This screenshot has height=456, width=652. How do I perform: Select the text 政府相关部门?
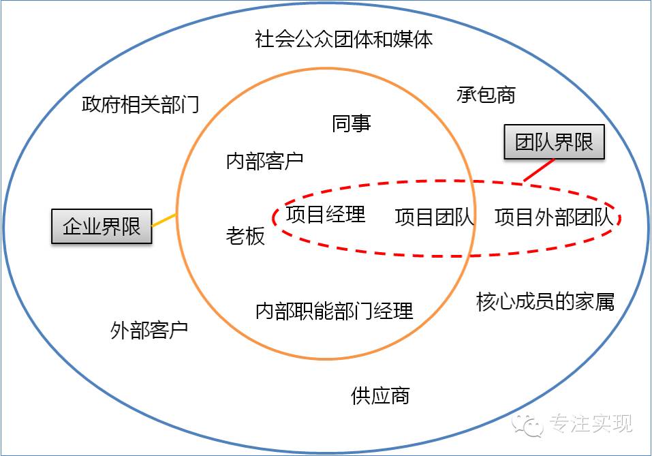tap(140, 105)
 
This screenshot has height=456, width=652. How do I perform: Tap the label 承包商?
tap(486, 95)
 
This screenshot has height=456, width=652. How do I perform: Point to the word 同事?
tap(352, 123)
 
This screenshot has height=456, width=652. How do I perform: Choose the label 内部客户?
tap(264, 162)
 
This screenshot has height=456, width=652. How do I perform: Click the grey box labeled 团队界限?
tap(554, 142)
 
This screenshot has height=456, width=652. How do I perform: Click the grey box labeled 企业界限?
tap(102, 227)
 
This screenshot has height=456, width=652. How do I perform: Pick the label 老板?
tap(245, 237)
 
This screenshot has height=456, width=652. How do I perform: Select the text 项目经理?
tap(326, 215)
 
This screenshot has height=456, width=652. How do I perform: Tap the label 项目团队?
tap(435, 217)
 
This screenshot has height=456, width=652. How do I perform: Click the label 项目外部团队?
tap(554, 217)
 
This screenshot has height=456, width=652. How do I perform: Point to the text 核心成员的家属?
tap(545, 301)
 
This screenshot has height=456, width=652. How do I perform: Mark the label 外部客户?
tap(149, 331)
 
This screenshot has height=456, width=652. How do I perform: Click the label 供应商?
tap(380, 395)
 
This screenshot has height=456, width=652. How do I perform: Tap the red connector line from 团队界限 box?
tap(539, 170)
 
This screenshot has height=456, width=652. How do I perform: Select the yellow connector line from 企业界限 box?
tap(164, 221)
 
